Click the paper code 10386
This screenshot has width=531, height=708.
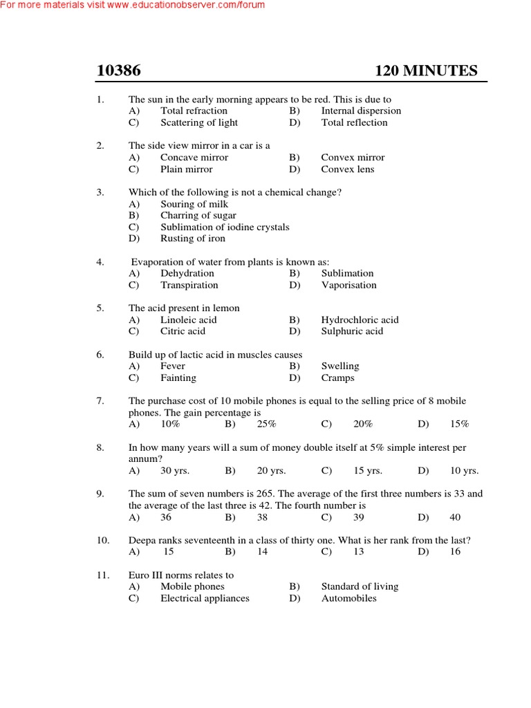pos(118,71)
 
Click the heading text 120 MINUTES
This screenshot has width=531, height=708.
pos(426,71)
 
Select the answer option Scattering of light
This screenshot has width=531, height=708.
pos(198,122)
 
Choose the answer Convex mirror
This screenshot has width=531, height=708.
pos(353,157)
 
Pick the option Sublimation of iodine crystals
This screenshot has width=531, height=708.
pos(225,227)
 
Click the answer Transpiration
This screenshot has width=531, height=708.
pos(189,285)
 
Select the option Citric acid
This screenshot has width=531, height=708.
pos(183,331)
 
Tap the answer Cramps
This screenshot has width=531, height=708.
pos(337,378)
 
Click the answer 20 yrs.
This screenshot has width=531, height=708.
pos(271,471)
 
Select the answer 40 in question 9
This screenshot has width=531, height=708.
pos(455,517)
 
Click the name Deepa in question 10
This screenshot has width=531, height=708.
pos(142,540)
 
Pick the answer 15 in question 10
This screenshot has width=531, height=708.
pos(169,552)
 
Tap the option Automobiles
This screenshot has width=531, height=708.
pos(348,598)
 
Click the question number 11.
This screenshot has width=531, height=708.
pos(102,575)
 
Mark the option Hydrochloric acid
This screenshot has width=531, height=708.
pos(360,319)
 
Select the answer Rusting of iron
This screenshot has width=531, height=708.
pos(193,239)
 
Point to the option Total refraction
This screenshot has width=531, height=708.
pos(194,111)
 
